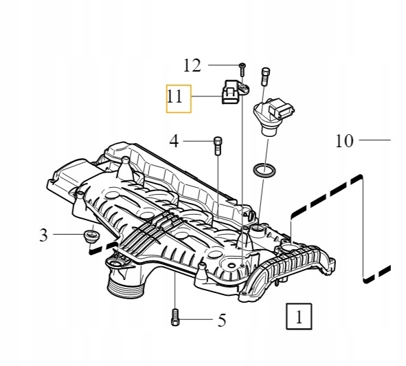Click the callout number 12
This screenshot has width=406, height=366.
tap(192, 65)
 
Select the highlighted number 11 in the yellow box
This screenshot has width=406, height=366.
tap(176, 98)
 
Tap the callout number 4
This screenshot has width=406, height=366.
tap(174, 142)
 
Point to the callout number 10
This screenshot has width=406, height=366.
tap(344, 141)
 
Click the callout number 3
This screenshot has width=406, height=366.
tap(44, 236)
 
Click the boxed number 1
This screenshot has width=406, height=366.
tap(298, 317)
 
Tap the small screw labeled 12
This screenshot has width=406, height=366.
tap(243, 68)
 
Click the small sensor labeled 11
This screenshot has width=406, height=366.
tap(232, 93)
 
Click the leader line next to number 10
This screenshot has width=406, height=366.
tap(374, 140)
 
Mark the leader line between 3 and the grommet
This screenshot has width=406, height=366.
tap(67, 235)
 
